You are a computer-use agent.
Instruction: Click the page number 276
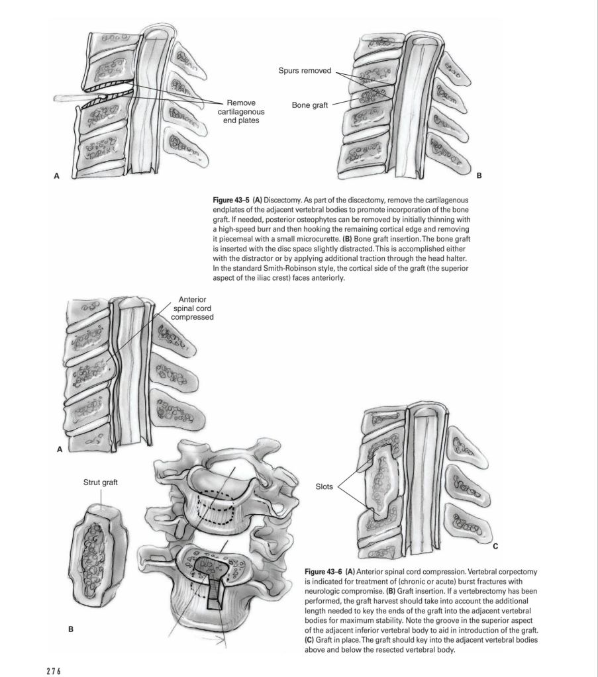tap(53, 670)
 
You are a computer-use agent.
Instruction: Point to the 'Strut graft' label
tap(101, 482)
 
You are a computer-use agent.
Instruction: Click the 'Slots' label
tap(327, 486)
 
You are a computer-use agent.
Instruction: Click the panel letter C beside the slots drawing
tap(495, 547)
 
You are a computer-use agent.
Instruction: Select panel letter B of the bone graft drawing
tap(479, 177)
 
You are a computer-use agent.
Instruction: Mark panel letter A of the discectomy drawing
tap(56, 177)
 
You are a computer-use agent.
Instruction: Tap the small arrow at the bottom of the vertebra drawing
tap(213, 640)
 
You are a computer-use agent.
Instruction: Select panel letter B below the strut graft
tap(71, 628)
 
